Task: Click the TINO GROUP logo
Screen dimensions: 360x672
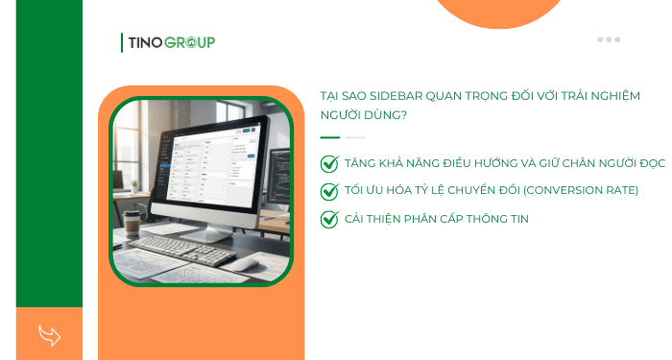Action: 169,42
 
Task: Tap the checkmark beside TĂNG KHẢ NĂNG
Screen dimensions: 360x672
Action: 329,164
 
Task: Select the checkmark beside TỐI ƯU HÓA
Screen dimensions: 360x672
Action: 329,191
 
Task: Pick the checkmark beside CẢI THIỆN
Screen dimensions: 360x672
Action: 329,219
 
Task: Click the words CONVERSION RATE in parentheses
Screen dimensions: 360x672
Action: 579,190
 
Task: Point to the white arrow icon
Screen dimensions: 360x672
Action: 49,334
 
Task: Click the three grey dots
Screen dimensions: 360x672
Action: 609,39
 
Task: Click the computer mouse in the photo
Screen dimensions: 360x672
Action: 246,261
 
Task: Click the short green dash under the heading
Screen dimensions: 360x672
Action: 329,138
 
